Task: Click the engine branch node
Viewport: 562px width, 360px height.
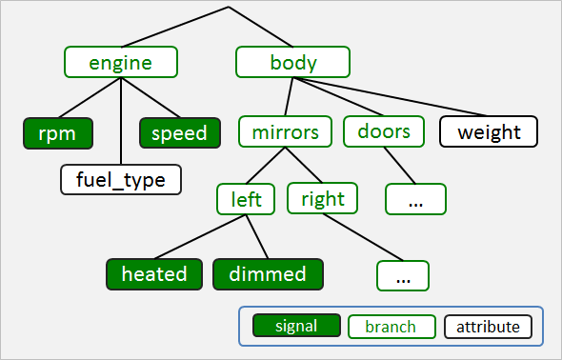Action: (x=121, y=63)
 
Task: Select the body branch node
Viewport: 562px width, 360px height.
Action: (x=293, y=63)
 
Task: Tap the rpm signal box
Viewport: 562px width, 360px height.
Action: (x=57, y=132)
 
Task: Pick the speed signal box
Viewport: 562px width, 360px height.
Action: (x=179, y=132)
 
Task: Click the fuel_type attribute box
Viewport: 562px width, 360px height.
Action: (x=120, y=179)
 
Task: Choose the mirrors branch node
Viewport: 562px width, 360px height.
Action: (x=285, y=131)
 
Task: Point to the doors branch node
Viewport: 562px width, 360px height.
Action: (x=384, y=131)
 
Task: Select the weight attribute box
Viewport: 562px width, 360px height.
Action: (x=489, y=131)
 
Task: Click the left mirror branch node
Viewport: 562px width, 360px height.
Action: (x=247, y=199)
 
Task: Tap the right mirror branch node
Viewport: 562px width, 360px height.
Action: (x=322, y=199)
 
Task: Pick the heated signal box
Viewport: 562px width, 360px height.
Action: (x=154, y=274)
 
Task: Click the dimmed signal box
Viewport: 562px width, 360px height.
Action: (x=268, y=274)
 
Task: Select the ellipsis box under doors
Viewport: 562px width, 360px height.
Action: (x=415, y=199)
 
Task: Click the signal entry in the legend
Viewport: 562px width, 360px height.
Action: (x=296, y=327)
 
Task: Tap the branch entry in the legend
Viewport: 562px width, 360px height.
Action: (x=391, y=327)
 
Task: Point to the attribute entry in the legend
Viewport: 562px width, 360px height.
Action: (x=488, y=327)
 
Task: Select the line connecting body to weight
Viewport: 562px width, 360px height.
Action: (x=400, y=100)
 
